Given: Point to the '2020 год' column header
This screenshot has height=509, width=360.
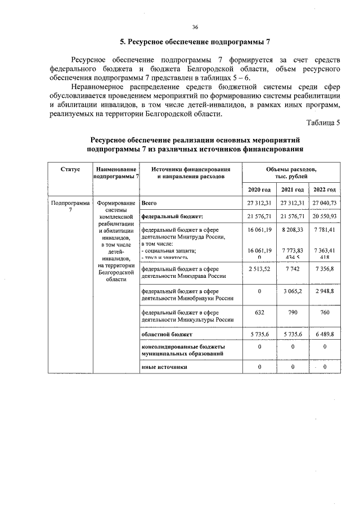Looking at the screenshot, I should pyautogui.click(x=259, y=189).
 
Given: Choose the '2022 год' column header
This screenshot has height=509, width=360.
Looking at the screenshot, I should pyautogui.click(x=324, y=189).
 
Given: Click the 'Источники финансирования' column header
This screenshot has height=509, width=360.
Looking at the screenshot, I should pyautogui.click(x=190, y=173).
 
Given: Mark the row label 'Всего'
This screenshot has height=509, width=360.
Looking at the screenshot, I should pyautogui.click(x=149, y=202).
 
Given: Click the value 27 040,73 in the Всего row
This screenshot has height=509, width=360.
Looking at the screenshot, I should pyautogui.click(x=324, y=202).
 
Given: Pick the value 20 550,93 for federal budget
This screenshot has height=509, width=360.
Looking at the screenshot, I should pyautogui.click(x=324, y=216).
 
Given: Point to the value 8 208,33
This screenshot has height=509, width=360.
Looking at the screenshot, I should pyautogui.click(x=292, y=230).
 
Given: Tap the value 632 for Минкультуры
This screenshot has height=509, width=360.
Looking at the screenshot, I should pyautogui.click(x=259, y=312).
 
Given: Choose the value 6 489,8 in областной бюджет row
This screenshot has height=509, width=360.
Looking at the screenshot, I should pyautogui.click(x=324, y=335).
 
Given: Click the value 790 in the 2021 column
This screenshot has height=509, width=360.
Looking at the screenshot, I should pyautogui.click(x=292, y=312).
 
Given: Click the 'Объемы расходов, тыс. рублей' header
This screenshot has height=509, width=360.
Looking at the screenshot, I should pyautogui.click(x=291, y=173).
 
